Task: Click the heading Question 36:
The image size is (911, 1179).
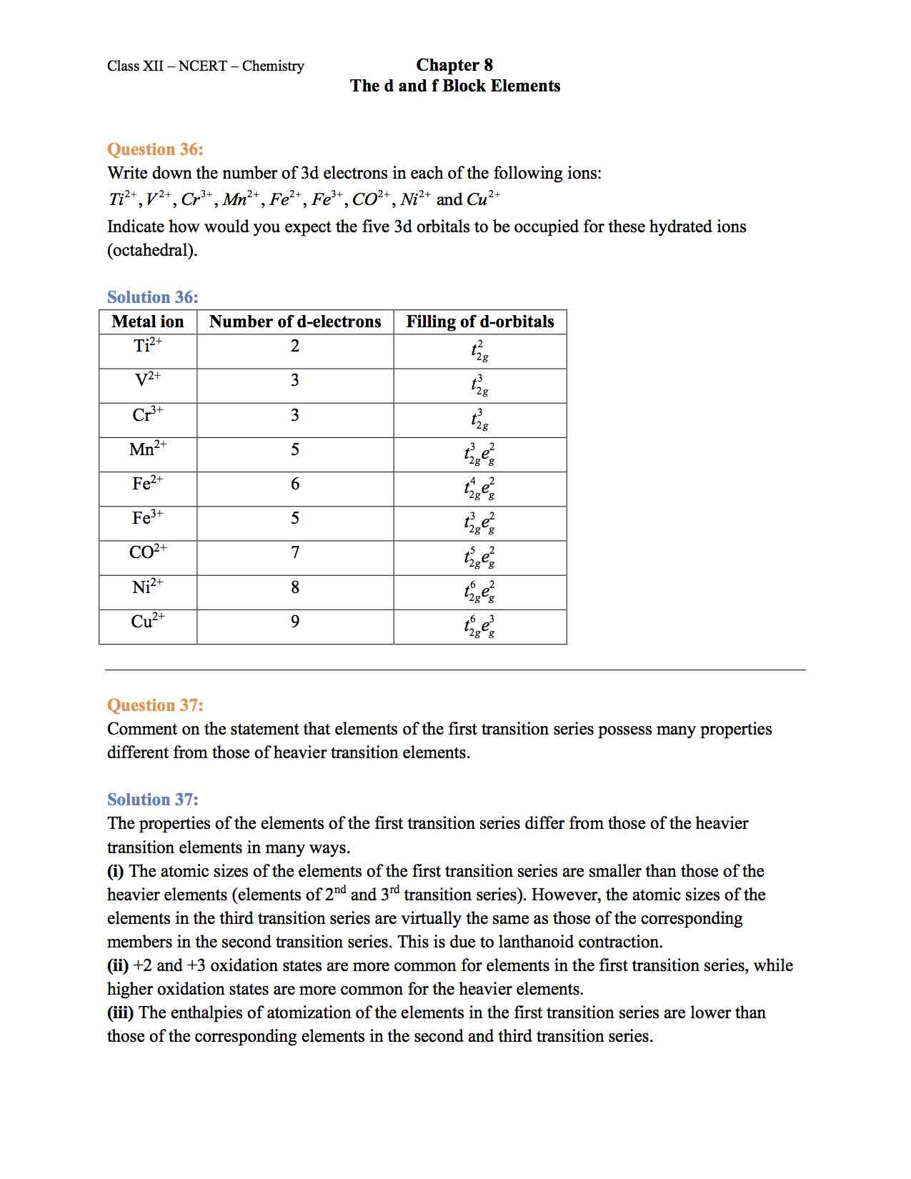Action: coord(155,149)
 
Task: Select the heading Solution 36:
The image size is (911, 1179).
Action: coord(153,297)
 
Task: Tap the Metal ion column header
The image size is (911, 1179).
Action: coord(148,322)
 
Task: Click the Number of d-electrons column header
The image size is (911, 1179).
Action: coord(295,322)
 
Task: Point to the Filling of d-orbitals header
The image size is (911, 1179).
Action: coord(480,322)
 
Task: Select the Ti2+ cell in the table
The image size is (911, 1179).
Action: coord(148,346)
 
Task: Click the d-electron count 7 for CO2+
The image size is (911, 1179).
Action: coord(295,552)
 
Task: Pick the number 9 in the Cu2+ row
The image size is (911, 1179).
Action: coord(295,622)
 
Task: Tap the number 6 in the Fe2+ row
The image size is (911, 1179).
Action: coord(295,484)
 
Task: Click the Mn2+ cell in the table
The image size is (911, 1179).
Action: coord(148,449)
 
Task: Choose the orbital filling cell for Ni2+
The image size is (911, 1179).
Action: coord(479,592)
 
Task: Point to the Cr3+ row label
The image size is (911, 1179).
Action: coord(148,415)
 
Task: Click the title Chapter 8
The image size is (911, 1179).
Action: coord(454,65)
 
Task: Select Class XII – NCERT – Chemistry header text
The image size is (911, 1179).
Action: coord(206,66)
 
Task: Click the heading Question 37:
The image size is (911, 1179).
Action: coord(155,705)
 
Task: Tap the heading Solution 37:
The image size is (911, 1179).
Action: coord(153,800)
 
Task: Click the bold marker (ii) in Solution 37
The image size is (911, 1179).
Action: coord(118,966)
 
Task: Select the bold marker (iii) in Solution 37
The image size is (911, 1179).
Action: coord(121,1013)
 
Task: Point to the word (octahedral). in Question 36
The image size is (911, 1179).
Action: coord(152,251)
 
